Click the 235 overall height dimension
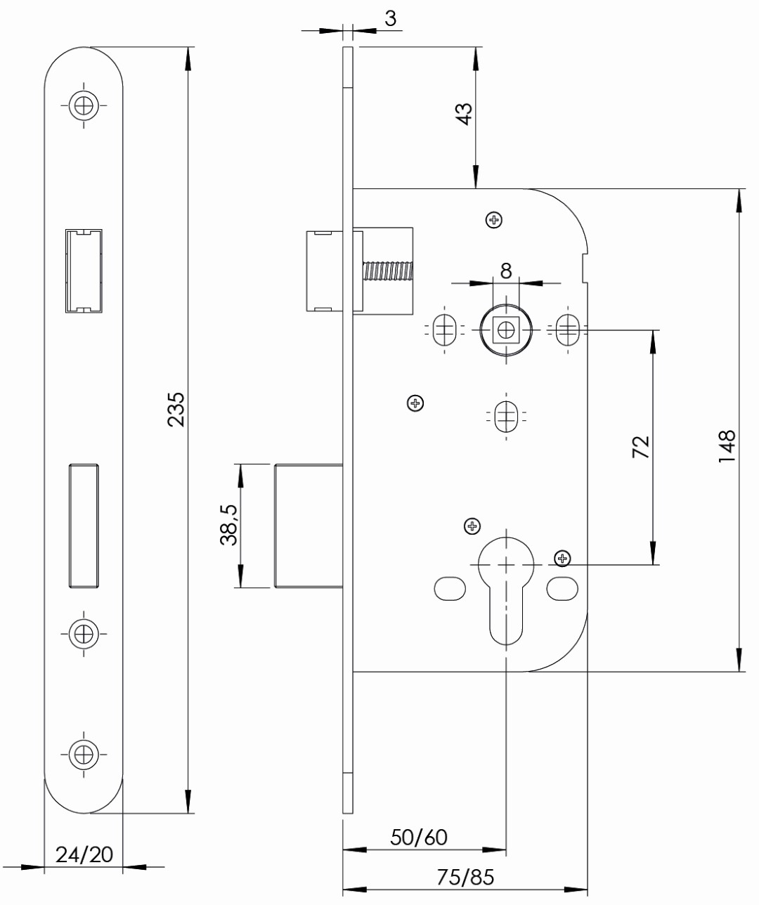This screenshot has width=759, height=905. click(176, 409)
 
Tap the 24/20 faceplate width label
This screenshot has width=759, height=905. click(84, 854)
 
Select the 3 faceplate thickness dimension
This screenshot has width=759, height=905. click(390, 19)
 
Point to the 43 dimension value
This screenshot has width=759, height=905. click(465, 114)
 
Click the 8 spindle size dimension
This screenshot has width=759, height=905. click(506, 271)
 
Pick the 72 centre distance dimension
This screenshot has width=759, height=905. click(641, 447)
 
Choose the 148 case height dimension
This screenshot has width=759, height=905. click(727, 447)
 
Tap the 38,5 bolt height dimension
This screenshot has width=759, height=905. click(229, 526)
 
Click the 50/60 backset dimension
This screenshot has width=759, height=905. click(420, 837)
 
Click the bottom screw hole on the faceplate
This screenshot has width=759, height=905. click(84, 754)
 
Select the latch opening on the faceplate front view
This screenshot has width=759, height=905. click(84, 271)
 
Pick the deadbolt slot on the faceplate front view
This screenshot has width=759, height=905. click(84, 525)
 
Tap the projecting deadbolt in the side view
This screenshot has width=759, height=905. click(308, 526)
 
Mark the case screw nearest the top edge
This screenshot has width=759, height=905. click(495, 221)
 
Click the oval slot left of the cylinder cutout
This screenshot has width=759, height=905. click(450, 589)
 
